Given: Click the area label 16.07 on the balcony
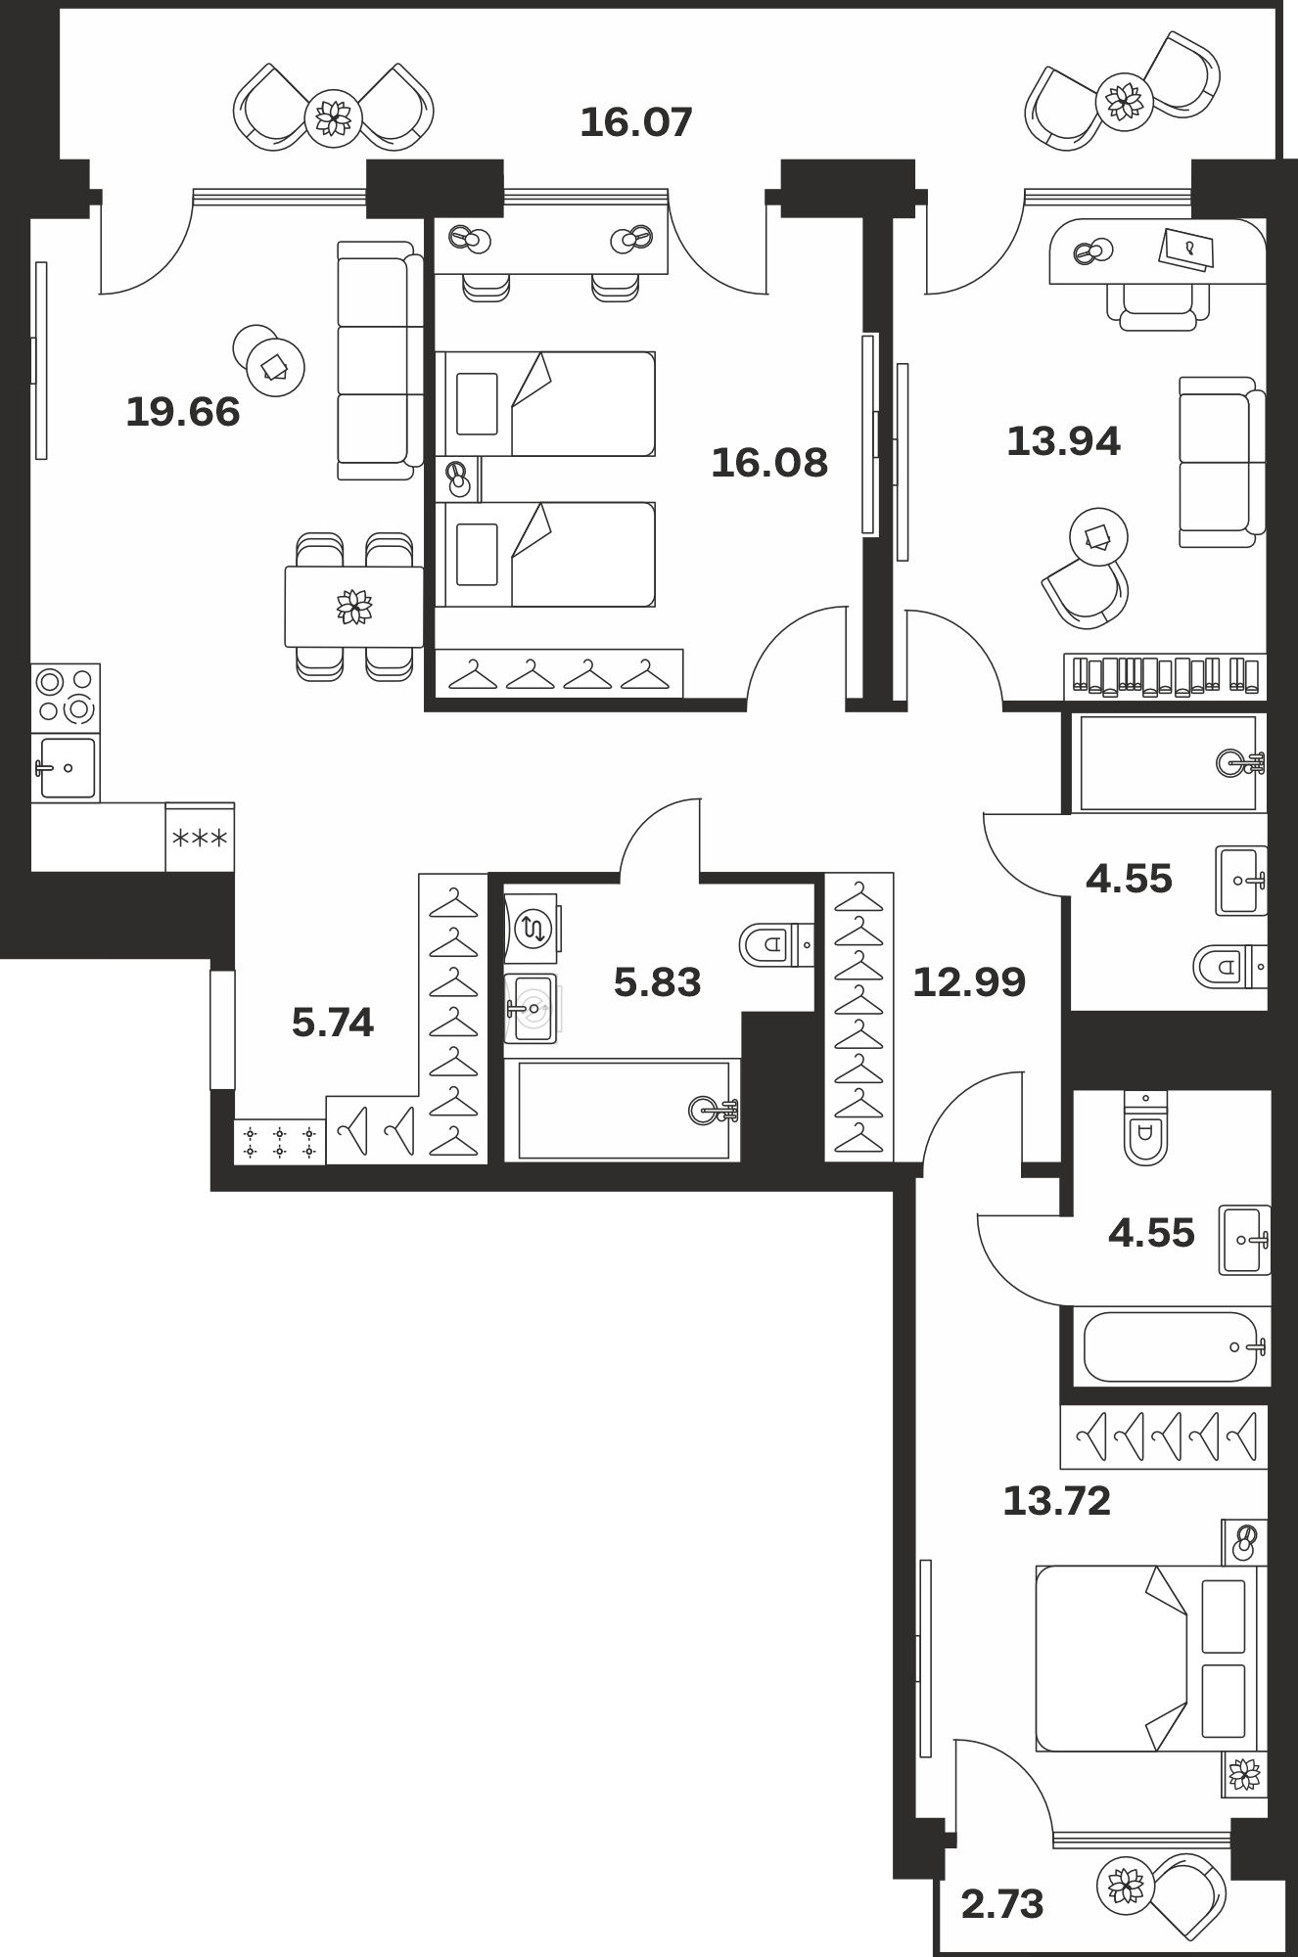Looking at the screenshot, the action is point(636,123).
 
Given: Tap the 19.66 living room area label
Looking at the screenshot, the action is point(183,412).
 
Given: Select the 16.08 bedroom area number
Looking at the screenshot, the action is point(769,463).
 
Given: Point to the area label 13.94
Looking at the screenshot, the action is point(1063,441).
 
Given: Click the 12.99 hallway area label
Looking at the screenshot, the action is point(969,981).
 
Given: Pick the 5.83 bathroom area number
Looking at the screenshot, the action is point(658,981).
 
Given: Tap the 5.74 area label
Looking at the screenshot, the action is point(333,1023).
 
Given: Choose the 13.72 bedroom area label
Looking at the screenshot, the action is point(1057,1500).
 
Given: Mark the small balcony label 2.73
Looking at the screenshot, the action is point(1002,1904).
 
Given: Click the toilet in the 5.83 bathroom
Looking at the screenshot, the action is point(776,944).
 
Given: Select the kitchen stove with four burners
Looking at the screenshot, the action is point(66,698).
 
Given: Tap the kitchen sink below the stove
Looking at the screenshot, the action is point(66,767).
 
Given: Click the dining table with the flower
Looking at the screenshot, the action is point(354,607).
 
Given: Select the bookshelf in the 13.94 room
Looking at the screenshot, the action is point(1165,675).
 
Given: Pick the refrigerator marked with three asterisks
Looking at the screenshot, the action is point(200,838).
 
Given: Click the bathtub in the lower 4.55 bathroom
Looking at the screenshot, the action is point(1172,1346).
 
